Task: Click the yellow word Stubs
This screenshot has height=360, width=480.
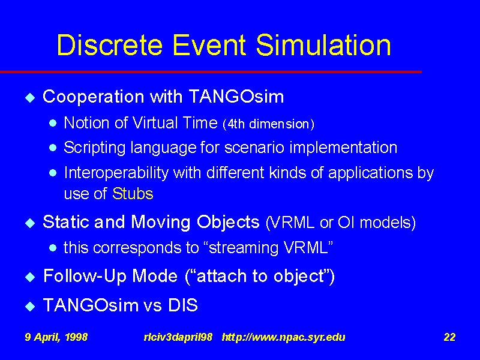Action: click(133, 194)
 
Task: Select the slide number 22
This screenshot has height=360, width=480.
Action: click(449, 337)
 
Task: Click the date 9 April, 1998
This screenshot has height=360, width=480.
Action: click(56, 337)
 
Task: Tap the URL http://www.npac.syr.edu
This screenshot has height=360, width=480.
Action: click(283, 337)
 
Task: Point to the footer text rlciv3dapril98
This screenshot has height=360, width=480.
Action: click(178, 337)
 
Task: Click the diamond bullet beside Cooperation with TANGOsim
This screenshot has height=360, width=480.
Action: click(30, 98)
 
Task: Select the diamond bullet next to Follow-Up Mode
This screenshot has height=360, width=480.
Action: click(30, 277)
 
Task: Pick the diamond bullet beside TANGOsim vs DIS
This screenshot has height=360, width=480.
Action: click(30, 306)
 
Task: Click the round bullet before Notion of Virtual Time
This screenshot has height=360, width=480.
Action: click(53, 124)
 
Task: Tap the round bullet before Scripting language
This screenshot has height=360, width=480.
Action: click(53, 148)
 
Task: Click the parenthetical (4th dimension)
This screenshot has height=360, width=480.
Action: click(268, 124)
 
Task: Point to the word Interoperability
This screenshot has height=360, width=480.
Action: click(116, 173)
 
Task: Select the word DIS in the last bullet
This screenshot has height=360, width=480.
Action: click(183, 305)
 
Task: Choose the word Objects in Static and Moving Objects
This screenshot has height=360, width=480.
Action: click(228, 223)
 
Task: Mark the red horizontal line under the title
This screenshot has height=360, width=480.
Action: click(211, 72)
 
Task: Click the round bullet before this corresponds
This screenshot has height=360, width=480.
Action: click(53, 248)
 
